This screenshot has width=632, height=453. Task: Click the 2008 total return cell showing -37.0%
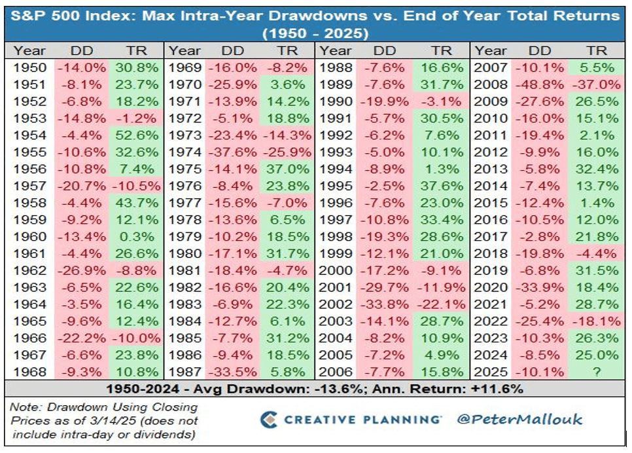tap(596, 84)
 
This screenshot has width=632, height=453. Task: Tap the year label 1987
tap(184, 372)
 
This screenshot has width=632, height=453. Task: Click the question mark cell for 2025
tap(596, 372)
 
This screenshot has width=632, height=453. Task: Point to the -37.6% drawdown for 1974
tap(232, 169)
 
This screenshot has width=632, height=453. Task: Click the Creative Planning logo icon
tap(269, 419)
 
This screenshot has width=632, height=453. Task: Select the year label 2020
tap(491, 287)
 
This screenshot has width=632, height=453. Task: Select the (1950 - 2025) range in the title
tap(315, 32)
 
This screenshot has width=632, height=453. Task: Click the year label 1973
tap(184, 152)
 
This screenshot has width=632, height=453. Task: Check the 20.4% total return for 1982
tap(289, 287)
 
